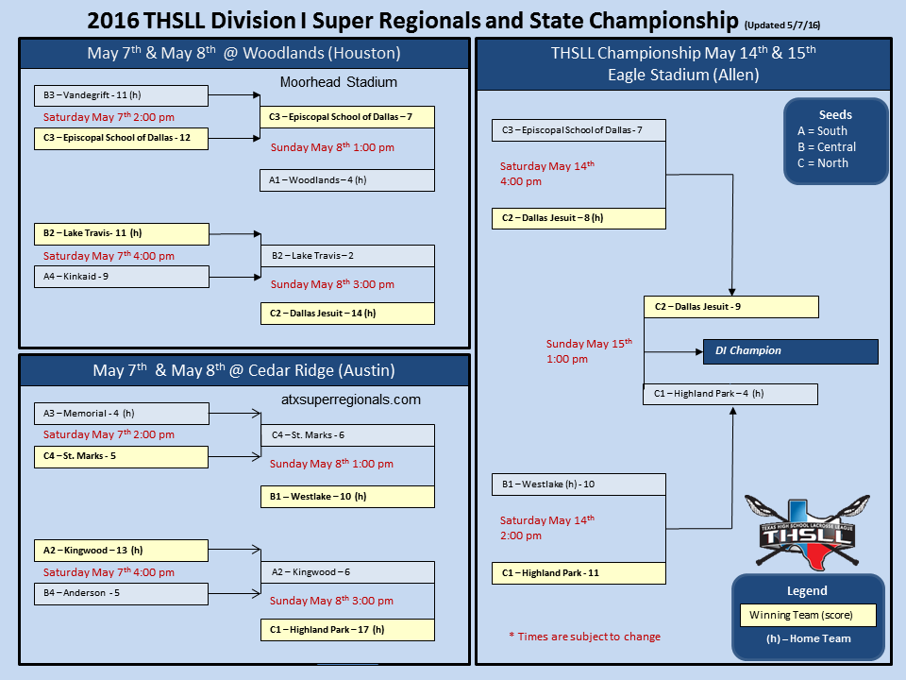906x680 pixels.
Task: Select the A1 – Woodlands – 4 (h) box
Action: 347,179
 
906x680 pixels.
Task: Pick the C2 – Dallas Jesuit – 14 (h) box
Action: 347,313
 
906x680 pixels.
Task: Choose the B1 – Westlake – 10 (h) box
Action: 347,496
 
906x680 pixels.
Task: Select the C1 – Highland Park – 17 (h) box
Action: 347,630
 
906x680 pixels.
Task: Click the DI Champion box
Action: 790,351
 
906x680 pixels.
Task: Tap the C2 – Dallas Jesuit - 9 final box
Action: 731,307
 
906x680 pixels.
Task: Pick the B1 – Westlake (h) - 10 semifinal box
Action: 579,484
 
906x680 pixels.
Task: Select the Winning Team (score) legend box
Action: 808,616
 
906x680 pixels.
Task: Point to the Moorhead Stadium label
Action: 339,83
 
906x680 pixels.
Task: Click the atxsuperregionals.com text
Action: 351,399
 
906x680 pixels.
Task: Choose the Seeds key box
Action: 835,140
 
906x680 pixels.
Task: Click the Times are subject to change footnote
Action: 585,637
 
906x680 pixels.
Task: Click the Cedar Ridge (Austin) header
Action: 243,370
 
